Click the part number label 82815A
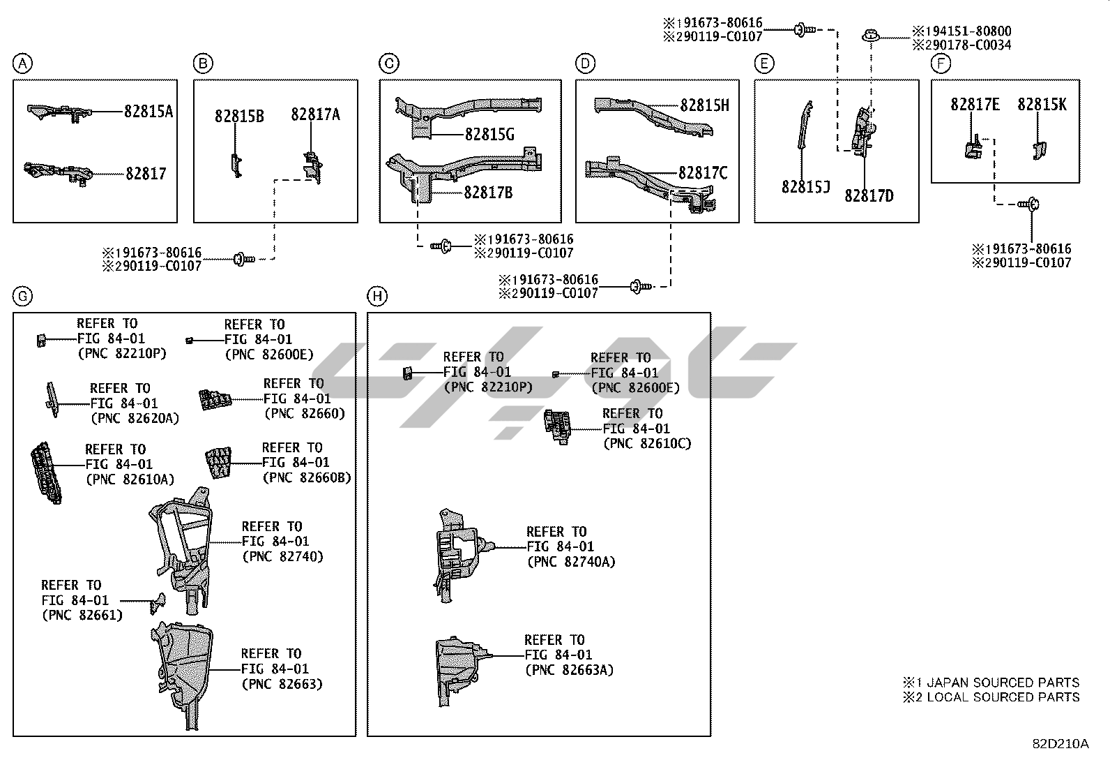pos(149,111)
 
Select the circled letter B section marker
pos(202,64)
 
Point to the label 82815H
pos(704,105)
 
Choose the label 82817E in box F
pos(975,105)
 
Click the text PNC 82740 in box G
pos(282,556)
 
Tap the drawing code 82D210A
pos(1060,743)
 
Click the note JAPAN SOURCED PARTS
pos(1003,683)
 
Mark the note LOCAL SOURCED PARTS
pos(1003,697)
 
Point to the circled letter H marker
pos(377,297)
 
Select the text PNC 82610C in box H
pos(646,443)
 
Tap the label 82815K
pos(1042,105)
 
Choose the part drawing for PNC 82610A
pos(46,472)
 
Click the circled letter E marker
pos(764,64)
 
